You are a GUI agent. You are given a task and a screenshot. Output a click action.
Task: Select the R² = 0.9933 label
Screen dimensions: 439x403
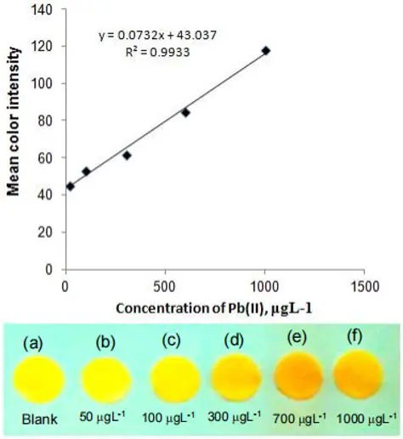[x=162, y=52]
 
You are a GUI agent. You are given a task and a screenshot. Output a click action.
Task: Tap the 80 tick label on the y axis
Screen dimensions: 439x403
[x=48, y=121]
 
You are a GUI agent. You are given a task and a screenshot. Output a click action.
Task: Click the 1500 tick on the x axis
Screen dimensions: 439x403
[x=364, y=285]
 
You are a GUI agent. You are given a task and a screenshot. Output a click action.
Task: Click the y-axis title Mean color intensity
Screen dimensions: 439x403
[x=15, y=140]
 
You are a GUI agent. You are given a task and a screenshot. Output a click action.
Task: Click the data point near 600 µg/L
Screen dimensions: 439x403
[x=185, y=112]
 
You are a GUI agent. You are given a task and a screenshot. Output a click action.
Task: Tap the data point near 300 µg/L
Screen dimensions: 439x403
[x=127, y=155]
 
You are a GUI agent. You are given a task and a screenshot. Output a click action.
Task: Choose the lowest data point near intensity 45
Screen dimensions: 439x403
[x=70, y=186]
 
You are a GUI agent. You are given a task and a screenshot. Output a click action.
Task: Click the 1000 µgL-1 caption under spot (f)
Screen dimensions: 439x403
[x=363, y=420]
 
